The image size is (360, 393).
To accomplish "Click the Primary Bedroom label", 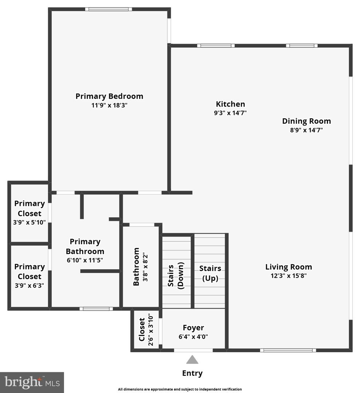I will tap(109, 96).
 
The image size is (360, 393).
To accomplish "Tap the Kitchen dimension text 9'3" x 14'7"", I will tap(230, 113).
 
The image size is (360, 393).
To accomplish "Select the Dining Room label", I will tap(306, 121).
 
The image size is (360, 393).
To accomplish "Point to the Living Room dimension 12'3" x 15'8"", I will tap(288, 275).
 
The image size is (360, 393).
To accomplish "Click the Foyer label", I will tap(193, 328).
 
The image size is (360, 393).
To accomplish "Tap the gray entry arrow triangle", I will tap(192, 360).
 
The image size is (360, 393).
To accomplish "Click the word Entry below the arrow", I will tap(192, 373).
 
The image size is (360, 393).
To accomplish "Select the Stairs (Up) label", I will tap(210, 273).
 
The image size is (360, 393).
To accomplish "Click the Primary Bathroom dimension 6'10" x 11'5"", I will tap(85, 260).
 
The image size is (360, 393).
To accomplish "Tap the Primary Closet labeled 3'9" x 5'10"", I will tap(29, 213).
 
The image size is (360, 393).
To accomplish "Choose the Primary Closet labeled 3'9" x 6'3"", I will tap(29, 276).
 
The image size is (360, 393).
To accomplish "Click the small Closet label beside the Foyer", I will tap(142, 330).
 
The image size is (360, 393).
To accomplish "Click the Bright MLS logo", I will tap(32, 382).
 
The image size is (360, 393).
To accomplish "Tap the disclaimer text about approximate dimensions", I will tap(180, 389).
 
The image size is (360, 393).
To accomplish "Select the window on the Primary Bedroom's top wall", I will tap(108, 9).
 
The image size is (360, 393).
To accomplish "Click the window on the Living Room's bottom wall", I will tap(288, 350).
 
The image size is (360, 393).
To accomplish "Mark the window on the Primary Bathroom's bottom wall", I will tap(96, 309).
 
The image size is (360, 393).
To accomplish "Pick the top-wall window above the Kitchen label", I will tap(216, 46).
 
